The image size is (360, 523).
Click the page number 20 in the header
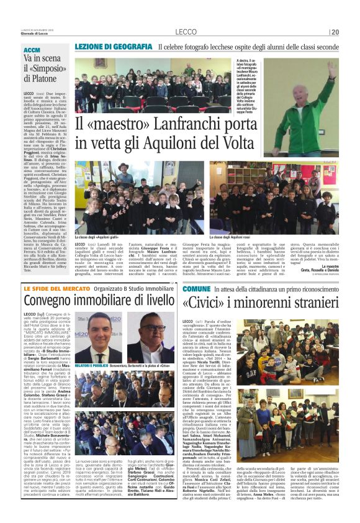pyautogui.click(x=334, y=32)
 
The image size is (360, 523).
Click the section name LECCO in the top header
pyautogui.click(x=185, y=32)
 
